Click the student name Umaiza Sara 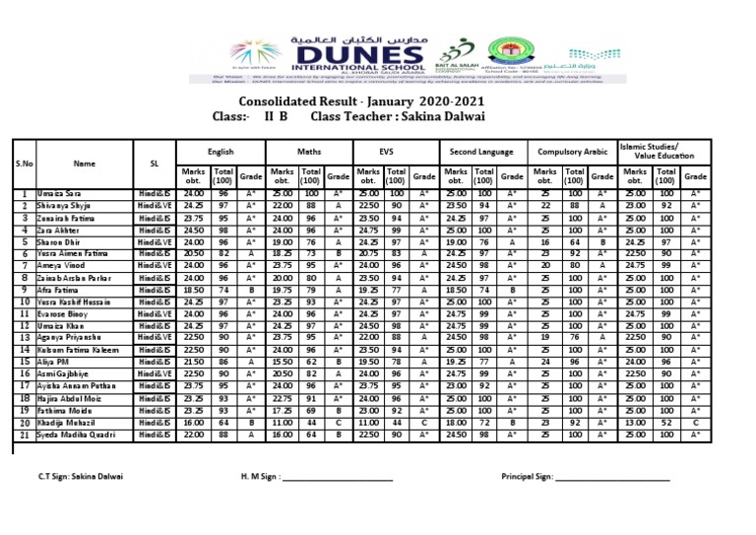tap(61, 194)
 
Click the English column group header tap(221, 153)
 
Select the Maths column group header tap(309, 153)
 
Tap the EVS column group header tap(395, 153)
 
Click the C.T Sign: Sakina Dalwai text tap(81, 476)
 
